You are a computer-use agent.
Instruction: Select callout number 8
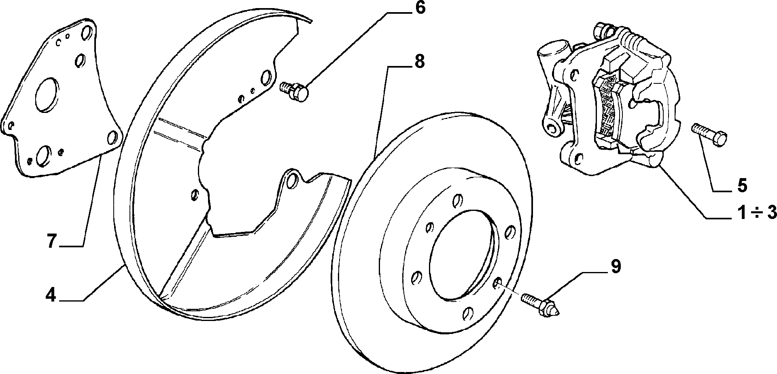point(418,62)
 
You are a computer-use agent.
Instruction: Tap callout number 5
point(742,185)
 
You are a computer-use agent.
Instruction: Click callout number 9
point(615,267)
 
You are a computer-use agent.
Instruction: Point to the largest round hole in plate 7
point(47,95)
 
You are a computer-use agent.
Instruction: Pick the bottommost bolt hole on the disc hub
point(468,313)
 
